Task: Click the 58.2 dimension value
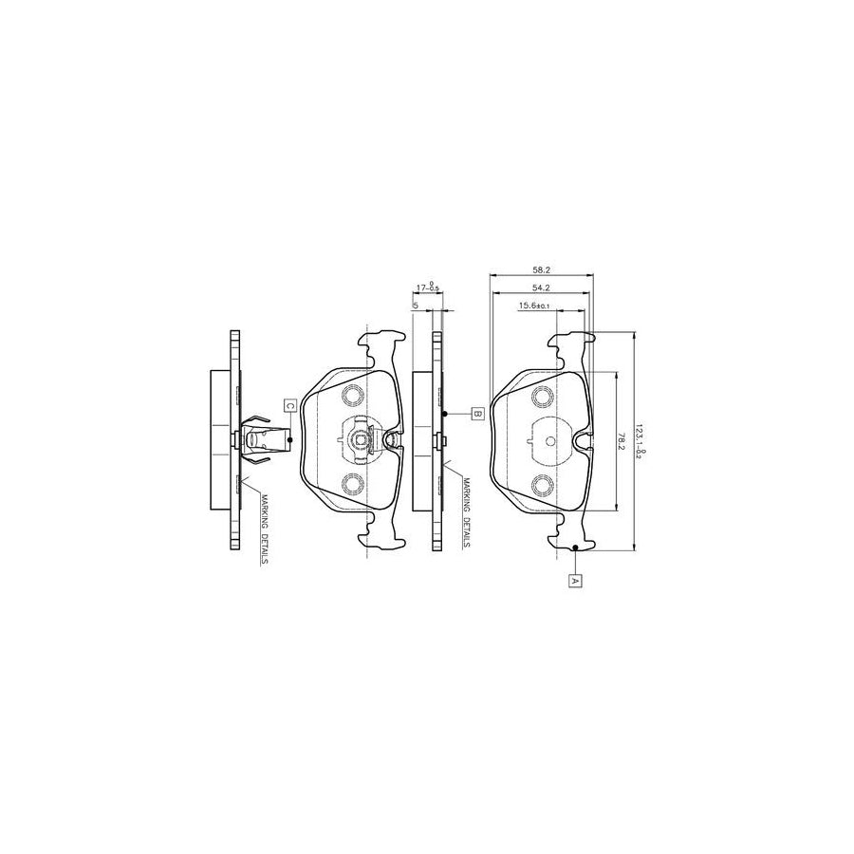(542, 269)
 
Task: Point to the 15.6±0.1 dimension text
(535, 306)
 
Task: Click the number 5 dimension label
(416, 305)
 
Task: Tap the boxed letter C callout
(290, 405)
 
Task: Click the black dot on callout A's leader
(576, 548)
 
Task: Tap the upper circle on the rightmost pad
(543, 396)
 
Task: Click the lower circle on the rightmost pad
(543, 485)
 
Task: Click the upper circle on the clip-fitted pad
(352, 396)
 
